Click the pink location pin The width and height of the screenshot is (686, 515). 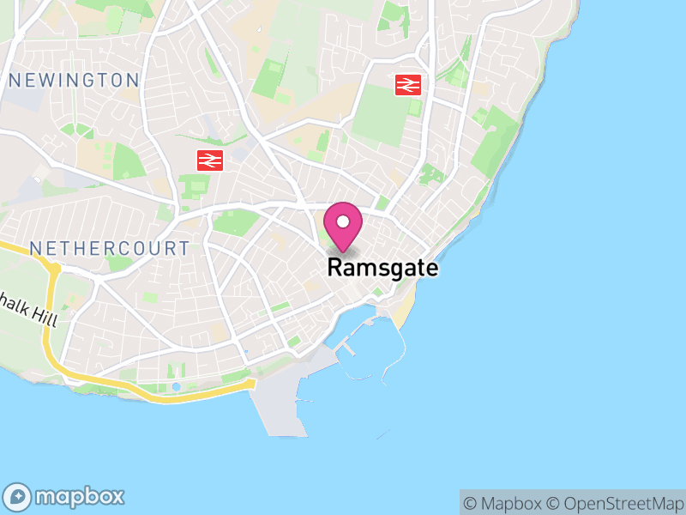coord(343,225)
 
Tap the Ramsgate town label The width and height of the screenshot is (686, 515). coord(382,268)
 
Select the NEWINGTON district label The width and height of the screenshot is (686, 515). coord(74,81)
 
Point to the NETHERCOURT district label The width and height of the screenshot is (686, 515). coord(110,249)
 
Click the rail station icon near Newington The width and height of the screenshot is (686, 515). coord(210,160)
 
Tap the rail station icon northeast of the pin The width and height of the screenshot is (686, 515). coord(407,84)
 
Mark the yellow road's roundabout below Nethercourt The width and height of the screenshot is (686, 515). coord(54,269)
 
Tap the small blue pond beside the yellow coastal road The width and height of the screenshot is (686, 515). coord(176,386)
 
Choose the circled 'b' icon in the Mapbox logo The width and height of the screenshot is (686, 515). coord(18,496)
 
